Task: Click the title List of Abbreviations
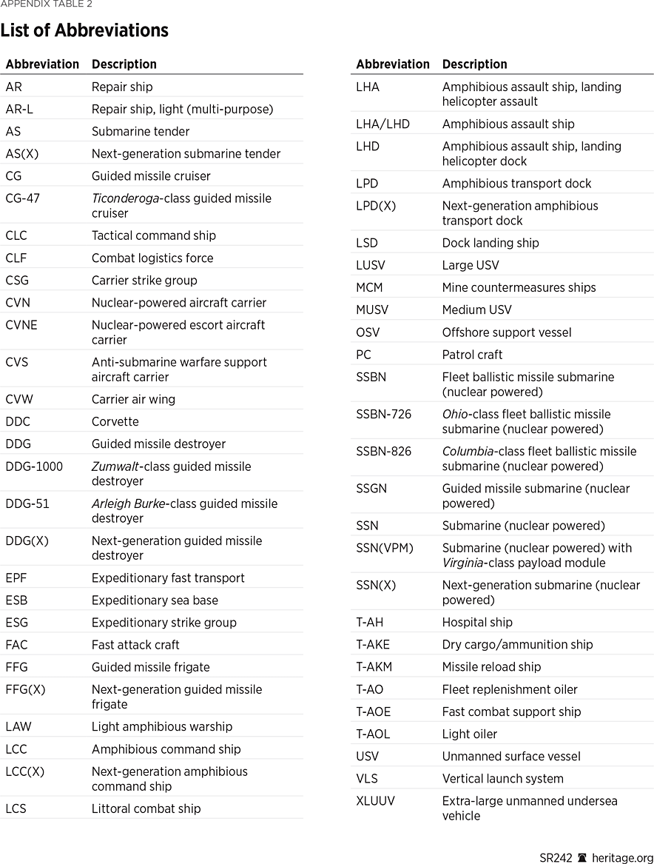pos(84,30)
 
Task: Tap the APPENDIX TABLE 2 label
pos(47,4)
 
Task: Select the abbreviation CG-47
pos(24,198)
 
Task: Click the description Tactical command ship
pos(154,235)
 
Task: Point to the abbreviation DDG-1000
pos(34,466)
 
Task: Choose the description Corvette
pos(115,421)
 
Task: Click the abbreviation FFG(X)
pos(25,689)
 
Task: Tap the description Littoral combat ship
pos(146,808)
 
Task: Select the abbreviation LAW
pos(18,726)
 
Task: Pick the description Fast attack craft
pos(135,645)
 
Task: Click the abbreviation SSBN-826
pos(383,451)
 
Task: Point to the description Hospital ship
pos(477,622)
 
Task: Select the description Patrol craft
pos(472,355)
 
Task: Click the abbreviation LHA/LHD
pos(382,124)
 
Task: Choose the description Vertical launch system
pos(502,778)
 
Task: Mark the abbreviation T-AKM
pos(374,666)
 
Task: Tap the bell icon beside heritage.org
pos(582,857)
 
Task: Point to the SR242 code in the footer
pos(556,857)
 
